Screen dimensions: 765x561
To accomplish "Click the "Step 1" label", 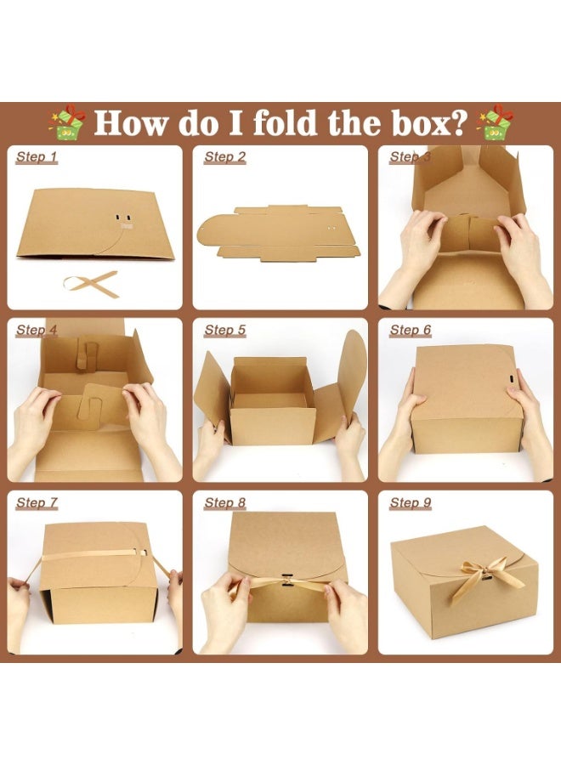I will click(x=37, y=157).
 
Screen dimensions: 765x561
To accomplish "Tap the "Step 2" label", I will click(x=224, y=157).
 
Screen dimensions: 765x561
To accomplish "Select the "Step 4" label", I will click(x=37, y=330).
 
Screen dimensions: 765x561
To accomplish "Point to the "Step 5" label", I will click(x=224, y=330).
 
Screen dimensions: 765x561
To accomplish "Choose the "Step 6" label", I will click(x=411, y=330).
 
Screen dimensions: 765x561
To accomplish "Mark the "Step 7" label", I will click(x=37, y=503).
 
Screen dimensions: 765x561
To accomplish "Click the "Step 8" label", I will click(x=224, y=503).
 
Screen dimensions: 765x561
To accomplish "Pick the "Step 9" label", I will click(x=411, y=503).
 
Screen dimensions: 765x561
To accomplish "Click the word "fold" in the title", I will click(x=280, y=122).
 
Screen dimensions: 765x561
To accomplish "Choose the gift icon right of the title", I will click(x=497, y=122).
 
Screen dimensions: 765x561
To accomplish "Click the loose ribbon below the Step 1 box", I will click(x=91, y=283).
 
